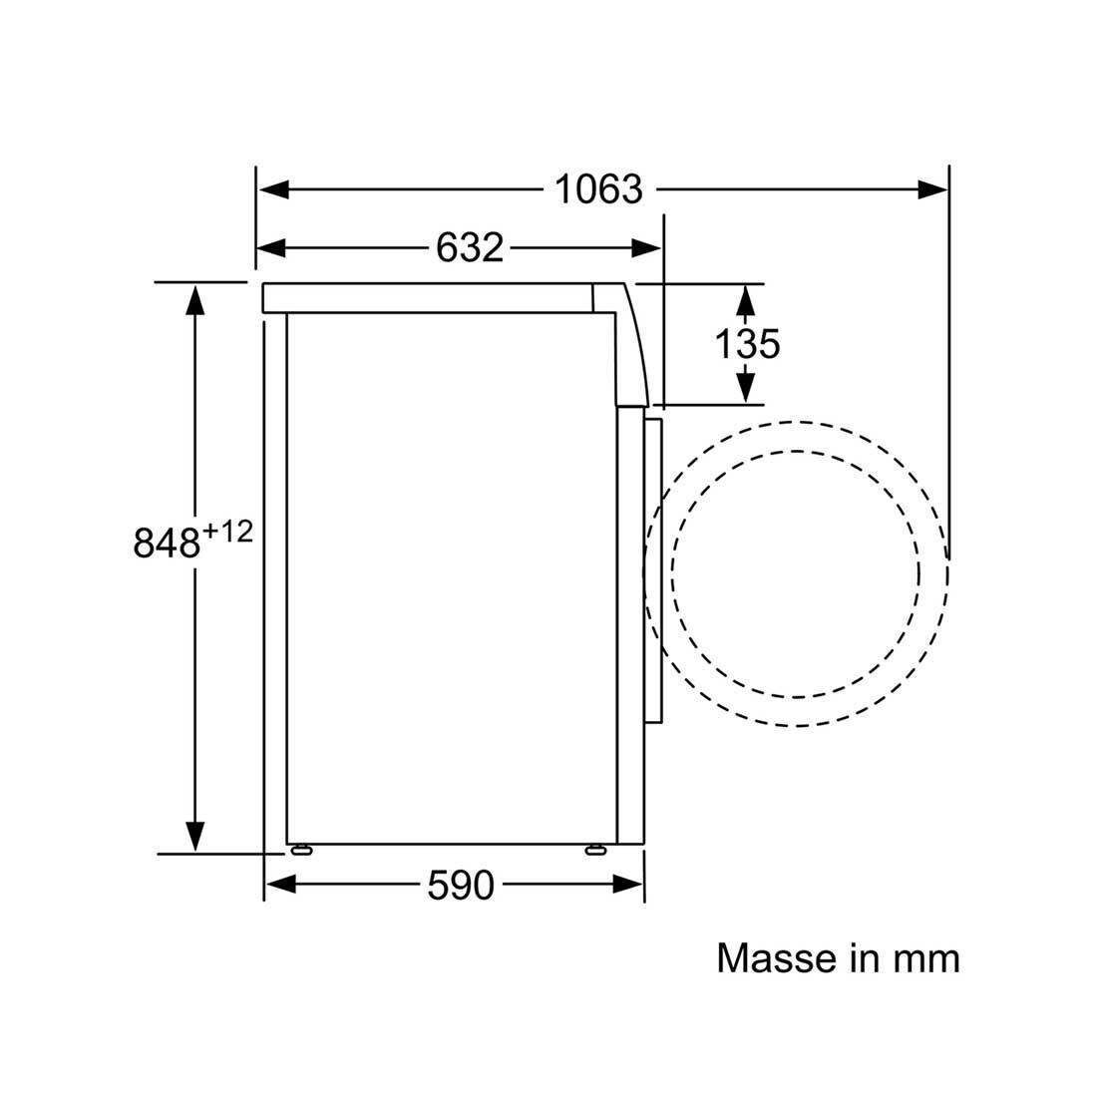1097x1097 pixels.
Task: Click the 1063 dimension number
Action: (598, 188)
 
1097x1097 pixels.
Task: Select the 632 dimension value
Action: (470, 247)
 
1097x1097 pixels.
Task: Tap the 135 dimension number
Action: (747, 344)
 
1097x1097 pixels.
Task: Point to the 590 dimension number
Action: (461, 885)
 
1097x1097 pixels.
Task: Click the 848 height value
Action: (167, 543)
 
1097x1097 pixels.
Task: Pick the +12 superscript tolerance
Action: (227, 533)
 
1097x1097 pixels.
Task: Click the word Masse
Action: (777, 957)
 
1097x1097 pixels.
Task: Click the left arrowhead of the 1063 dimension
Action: (273, 188)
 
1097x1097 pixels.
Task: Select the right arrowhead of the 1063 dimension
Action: (932, 188)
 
